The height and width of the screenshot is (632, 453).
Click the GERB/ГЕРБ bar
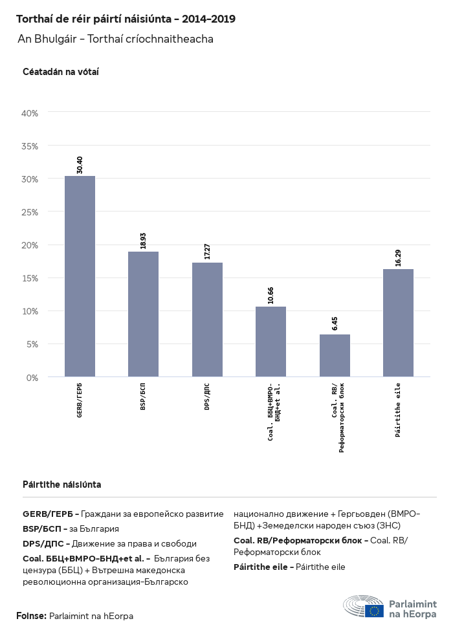(80, 276)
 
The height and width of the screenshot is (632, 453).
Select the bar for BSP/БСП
(143, 314)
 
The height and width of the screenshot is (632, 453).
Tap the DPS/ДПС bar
(207, 320)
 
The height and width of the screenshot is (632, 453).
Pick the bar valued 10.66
(271, 342)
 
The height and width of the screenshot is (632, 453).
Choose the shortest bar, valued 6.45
(335, 355)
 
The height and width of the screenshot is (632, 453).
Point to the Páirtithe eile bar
(398, 323)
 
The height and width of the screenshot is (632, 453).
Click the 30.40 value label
(80, 164)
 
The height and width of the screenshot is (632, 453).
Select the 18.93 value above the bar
(144, 240)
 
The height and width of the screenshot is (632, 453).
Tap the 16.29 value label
(398, 257)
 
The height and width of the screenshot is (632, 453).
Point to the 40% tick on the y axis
(30, 113)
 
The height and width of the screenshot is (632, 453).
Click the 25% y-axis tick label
(30, 212)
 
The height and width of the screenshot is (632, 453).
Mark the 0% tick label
(32, 377)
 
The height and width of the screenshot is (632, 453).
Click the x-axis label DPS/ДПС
(207, 397)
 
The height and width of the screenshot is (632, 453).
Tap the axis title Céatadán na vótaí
(60, 72)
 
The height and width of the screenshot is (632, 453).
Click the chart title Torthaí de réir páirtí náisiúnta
(126, 19)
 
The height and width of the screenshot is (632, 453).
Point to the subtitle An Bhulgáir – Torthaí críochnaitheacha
(116, 39)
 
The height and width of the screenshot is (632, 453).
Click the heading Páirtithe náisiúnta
(61, 485)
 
